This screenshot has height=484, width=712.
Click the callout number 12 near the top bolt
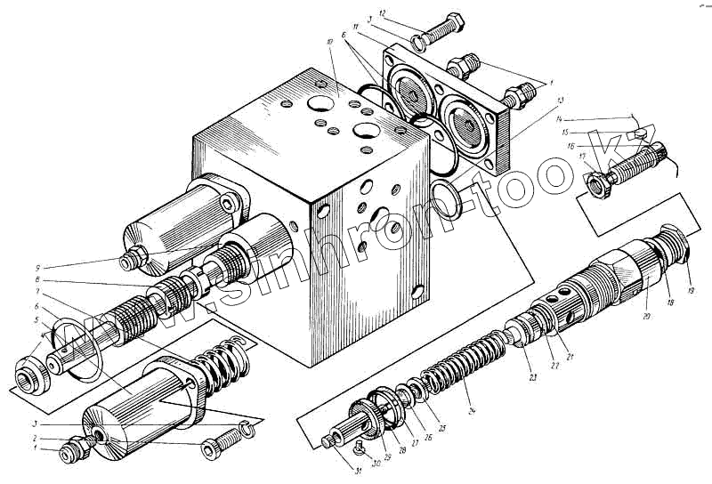click(x=381, y=13)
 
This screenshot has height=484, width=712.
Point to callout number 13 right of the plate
click(x=560, y=101)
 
